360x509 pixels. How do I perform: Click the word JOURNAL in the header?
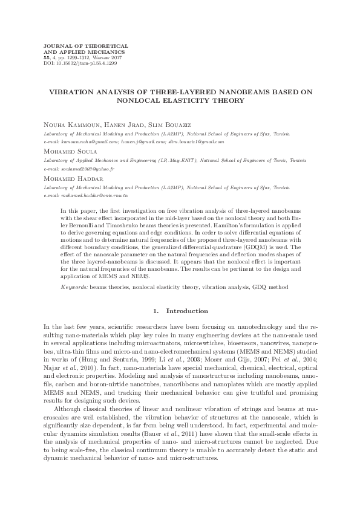click(54, 46)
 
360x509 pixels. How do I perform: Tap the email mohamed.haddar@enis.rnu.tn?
click(96, 196)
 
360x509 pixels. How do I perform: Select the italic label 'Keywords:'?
click(74, 285)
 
